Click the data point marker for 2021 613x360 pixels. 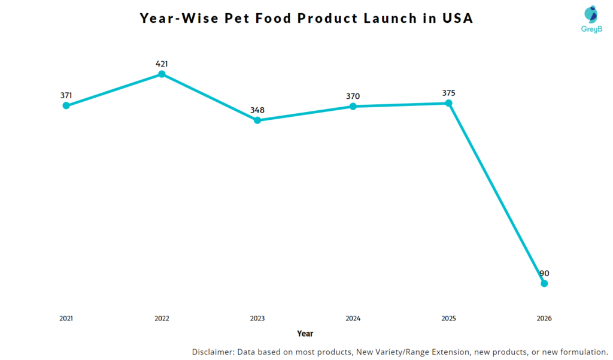pyautogui.click(x=66, y=106)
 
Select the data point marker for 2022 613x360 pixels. pyautogui.click(x=162, y=74)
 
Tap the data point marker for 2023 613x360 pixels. pyautogui.click(x=257, y=120)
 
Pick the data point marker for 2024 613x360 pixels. pyautogui.click(x=353, y=107)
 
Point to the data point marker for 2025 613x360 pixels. pyautogui.click(x=449, y=103)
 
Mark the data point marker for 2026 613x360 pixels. pyautogui.click(x=544, y=283)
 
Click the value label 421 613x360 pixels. pyautogui.click(x=162, y=63)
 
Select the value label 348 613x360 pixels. pyautogui.click(x=257, y=110)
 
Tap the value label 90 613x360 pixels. pyautogui.click(x=544, y=273)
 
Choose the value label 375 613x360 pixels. pyautogui.click(x=449, y=93)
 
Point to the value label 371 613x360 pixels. pyautogui.click(x=66, y=95)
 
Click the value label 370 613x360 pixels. pyautogui.click(x=353, y=96)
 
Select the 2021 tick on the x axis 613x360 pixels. pyautogui.click(x=66, y=318)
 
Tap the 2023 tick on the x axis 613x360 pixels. pyautogui.click(x=257, y=318)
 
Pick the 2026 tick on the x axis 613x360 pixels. pyautogui.click(x=544, y=318)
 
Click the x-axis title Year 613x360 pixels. pyautogui.click(x=305, y=333)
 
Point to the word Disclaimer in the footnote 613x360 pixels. pyautogui.click(x=213, y=352)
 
